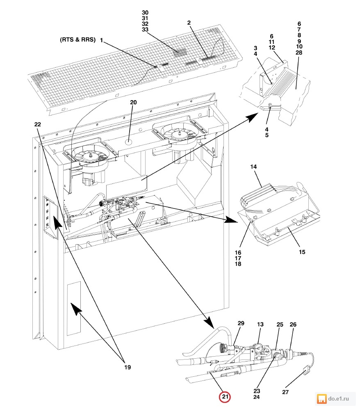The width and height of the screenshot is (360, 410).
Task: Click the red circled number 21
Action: [x=225, y=397]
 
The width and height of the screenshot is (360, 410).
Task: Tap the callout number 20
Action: [x=133, y=102]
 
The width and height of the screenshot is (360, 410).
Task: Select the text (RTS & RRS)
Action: [x=77, y=40]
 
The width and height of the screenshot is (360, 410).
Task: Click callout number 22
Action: [x=37, y=124]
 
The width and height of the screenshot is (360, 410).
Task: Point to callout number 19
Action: [x=128, y=367]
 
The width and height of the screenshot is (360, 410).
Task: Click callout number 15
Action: [x=302, y=252]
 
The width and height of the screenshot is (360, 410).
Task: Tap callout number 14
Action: [x=253, y=167]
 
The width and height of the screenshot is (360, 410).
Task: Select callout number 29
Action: [x=241, y=324]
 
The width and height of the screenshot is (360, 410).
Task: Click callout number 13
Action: [x=261, y=324]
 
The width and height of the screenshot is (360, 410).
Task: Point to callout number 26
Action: [x=293, y=324]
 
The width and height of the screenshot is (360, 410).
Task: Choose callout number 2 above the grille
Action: [x=189, y=23]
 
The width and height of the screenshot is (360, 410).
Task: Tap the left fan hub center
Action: [x=89, y=156]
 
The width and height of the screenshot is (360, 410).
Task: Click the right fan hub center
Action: [x=179, y=133]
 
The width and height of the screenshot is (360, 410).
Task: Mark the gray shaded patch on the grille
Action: [x=179, y=53]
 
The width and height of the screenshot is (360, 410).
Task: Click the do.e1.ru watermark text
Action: [x=339, y=398]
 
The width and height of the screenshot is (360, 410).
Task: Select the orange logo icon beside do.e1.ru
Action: [x=321, y=398]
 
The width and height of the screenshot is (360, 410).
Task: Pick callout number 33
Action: [x=145, y=30]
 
